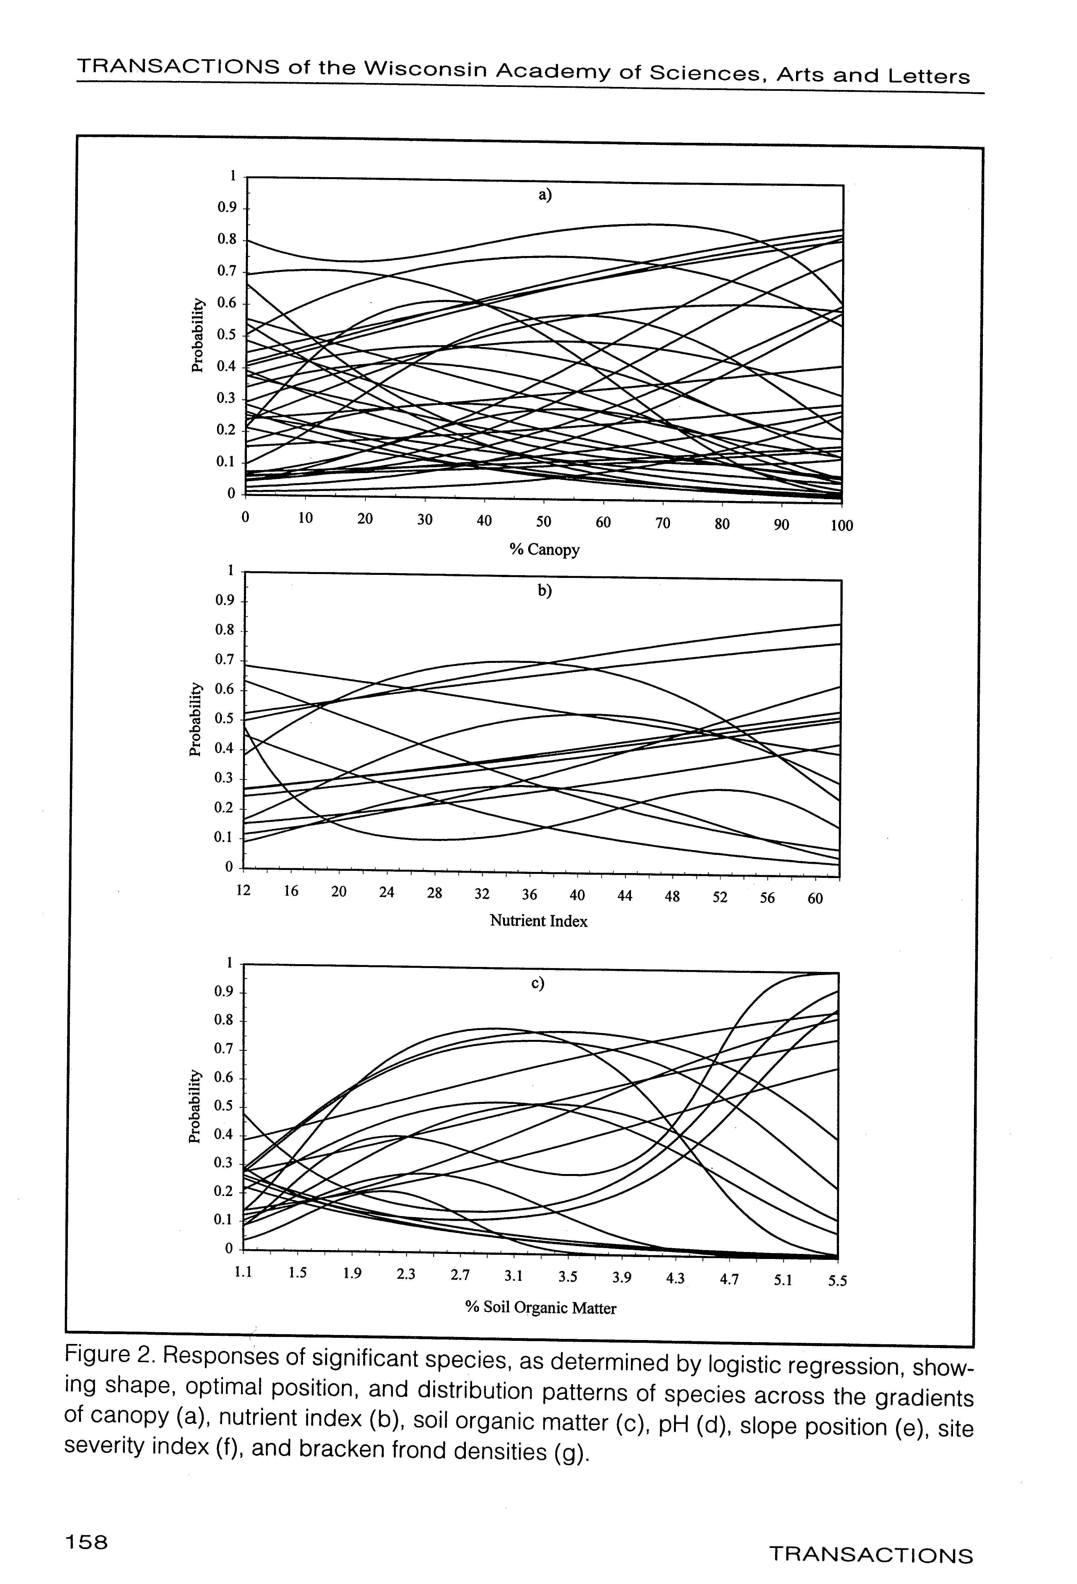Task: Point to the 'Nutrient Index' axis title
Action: pyautogui.click(x=538, y=921)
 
